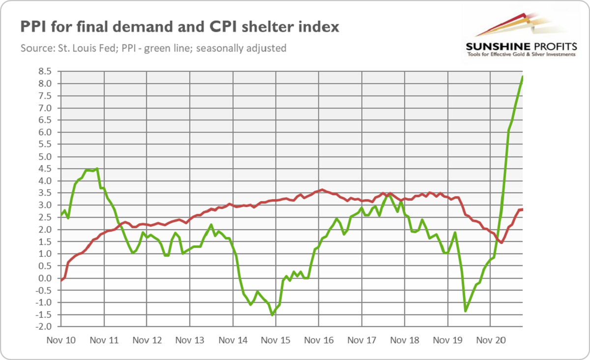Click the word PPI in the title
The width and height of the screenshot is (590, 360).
point(32,27)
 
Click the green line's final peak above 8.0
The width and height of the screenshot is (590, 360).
point(522,77)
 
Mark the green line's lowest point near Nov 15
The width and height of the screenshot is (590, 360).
point(272,315)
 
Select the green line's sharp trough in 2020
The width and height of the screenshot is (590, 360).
point(465,311)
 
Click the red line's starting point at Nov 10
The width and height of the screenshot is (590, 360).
point(61,280)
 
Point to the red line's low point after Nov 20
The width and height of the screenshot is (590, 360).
point(501,242)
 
